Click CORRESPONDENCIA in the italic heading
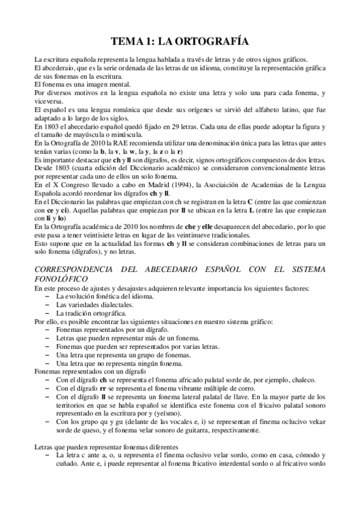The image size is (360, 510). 77,271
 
